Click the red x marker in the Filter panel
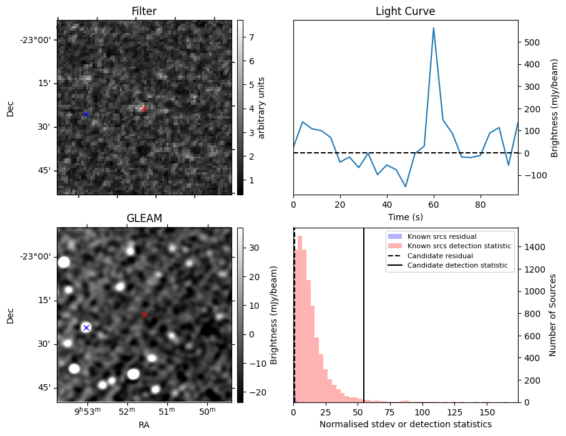pos(144,109)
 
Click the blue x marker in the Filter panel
pos(86,115)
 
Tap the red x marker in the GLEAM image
pos(144,315)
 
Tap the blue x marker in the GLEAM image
pos(86,327)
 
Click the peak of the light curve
pos(433,28)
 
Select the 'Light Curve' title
pos(405,11)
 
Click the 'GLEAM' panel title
pos(144,218)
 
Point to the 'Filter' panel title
pos(144,11)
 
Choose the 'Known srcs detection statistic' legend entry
pos(459,246)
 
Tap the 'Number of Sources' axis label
pos(553,315)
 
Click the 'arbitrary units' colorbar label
pos(261,107)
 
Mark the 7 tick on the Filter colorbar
pos(250,37)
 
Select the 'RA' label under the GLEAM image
pos(144,425)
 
